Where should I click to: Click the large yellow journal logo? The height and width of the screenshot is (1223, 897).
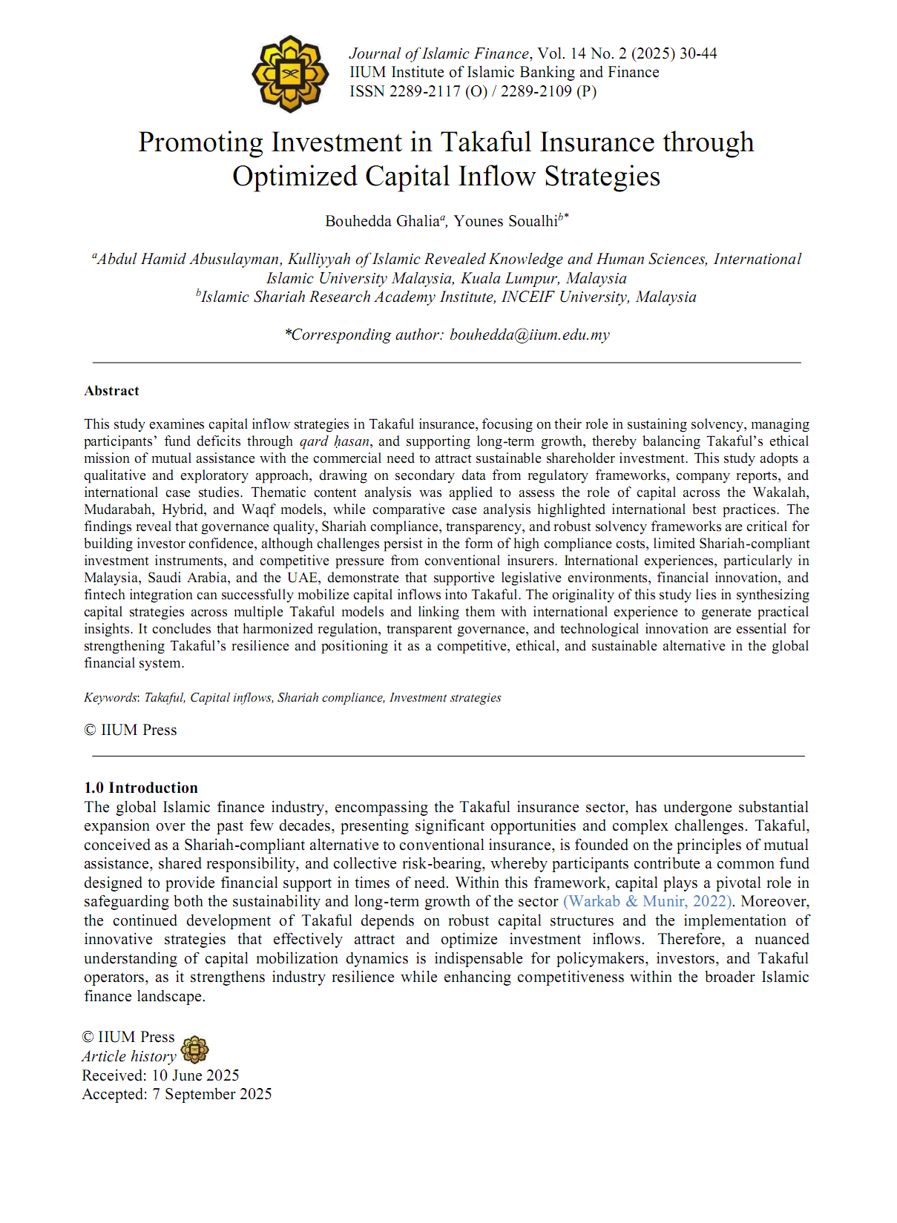(290, 73)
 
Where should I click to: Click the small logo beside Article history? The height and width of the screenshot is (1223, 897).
(194, 1049)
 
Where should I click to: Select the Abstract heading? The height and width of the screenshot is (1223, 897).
(111, 391)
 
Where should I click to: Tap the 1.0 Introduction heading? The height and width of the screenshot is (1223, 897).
(141, 788)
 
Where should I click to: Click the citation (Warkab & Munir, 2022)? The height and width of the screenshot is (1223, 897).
(648, 901)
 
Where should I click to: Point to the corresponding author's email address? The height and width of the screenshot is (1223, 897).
(529, 334)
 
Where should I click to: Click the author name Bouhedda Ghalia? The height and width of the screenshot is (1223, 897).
(382, 221)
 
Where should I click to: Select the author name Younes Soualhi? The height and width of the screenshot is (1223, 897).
(505, 221)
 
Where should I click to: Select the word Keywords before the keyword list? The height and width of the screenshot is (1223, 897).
(111, 697)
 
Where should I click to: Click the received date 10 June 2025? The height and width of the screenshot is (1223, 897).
(195, 1075)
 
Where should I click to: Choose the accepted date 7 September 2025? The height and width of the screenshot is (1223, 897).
(212, 1094)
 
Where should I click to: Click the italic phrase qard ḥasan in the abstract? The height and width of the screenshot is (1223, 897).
(335, 441)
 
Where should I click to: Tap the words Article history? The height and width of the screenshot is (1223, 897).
(129, 1056)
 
